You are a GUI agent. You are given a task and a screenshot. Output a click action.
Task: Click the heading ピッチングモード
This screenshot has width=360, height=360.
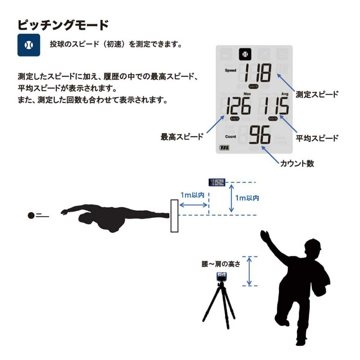coord(63,25)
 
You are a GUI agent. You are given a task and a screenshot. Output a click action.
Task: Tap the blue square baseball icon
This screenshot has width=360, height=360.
coord(29,45)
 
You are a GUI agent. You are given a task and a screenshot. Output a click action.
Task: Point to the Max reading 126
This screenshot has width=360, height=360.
coord(238,105)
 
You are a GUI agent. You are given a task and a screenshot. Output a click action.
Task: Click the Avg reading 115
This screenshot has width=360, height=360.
coord(276,105)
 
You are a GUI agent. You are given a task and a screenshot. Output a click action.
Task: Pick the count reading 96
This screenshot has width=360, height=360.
coord(260,135)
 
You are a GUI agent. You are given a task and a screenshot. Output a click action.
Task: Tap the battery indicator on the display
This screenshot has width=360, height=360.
coord(224,147)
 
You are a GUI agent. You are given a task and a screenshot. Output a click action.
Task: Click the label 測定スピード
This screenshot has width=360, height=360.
coord(317,94)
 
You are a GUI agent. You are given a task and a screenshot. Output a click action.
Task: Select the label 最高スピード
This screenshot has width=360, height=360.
coord(182,137)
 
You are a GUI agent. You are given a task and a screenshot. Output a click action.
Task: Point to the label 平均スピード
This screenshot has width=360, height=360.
coord(317,138)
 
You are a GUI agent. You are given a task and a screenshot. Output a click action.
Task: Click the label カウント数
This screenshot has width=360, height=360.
coord(297,163)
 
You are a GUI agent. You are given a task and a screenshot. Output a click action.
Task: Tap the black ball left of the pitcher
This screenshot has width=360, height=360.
coord(31,215)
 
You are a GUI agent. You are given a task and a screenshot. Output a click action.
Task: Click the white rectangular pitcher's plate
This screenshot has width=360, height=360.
coord(175,216)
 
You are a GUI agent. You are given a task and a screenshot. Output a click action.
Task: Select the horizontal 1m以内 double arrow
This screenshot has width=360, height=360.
coord(193,205)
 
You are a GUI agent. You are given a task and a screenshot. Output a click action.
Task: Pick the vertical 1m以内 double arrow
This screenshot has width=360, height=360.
coord(231,198)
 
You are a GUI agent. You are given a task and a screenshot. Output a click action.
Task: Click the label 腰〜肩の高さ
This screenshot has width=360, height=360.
coord(221,264)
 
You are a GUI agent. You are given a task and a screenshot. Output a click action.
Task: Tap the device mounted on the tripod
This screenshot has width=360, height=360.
coord(221,277)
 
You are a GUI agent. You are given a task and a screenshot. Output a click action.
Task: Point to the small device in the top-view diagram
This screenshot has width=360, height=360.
coord(217,182)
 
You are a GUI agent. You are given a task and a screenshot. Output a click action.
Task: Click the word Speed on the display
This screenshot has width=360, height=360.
coord(230,70)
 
